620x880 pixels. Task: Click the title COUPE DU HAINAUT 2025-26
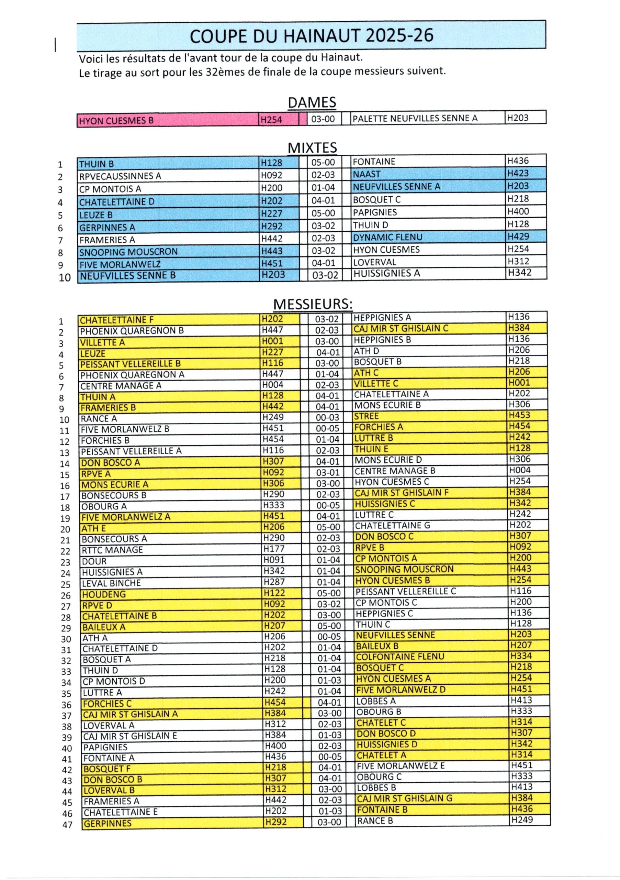click(311, 36)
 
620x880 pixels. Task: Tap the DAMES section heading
click(312, 102)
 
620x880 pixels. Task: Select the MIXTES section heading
click(312, 147)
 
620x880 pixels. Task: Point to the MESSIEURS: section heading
click(313, 304)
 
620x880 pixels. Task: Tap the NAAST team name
click(367, 174)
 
